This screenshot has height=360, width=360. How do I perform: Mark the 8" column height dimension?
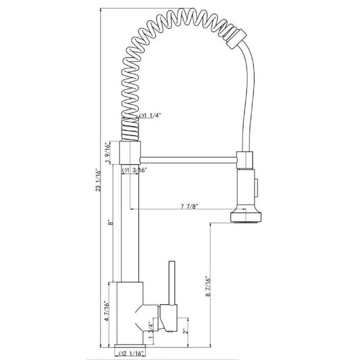[x=112, y=223]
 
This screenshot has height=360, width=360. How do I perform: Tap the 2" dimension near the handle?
[x=185, y=330]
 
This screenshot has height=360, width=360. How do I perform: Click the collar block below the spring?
[x=129, y=153]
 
